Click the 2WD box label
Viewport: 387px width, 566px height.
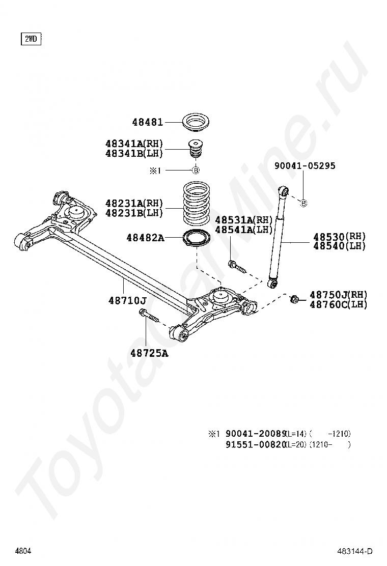31,39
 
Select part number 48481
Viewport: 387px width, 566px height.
148,122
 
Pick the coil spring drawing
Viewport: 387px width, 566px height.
196,204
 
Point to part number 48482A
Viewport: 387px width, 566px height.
145,237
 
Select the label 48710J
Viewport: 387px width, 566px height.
127,301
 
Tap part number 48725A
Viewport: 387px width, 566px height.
148,352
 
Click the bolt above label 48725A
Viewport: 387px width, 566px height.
148,318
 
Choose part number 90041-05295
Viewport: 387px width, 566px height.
305,166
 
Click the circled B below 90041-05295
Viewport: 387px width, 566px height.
304,204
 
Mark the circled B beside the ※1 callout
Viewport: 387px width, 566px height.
195,171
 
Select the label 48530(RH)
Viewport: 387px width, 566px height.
340,237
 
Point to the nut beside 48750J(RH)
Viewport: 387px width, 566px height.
294,299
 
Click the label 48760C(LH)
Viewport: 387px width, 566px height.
338,305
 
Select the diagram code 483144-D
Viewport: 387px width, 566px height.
354,551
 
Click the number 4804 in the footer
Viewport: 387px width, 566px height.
23,551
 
